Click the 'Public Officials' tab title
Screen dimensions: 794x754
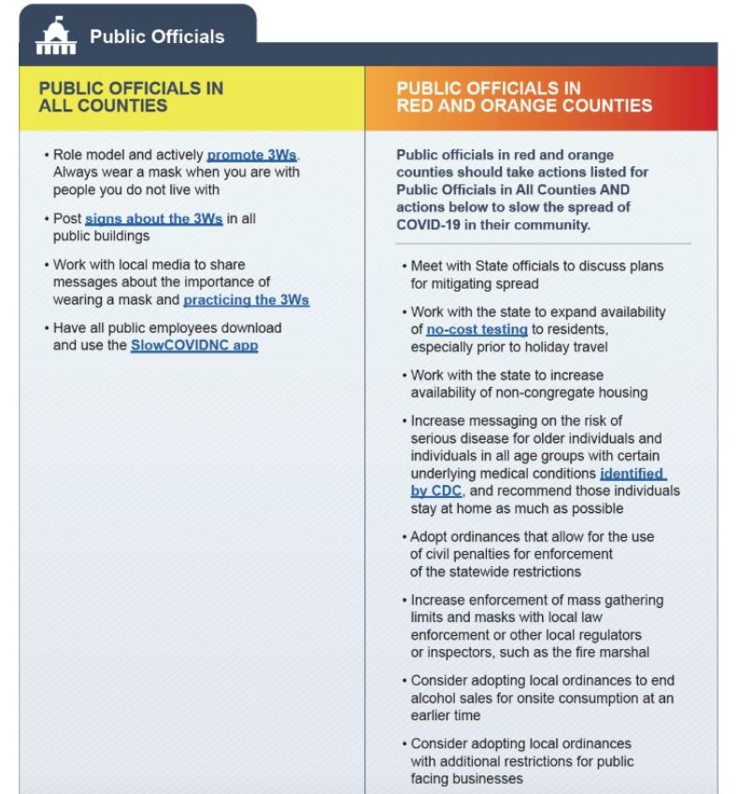156,37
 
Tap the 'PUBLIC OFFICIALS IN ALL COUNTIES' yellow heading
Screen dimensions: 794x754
131,97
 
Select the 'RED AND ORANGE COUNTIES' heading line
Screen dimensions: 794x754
524,106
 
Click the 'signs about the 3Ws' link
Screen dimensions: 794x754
154,220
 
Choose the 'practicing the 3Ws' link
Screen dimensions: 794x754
246,301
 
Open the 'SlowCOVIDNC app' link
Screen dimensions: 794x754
193,346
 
